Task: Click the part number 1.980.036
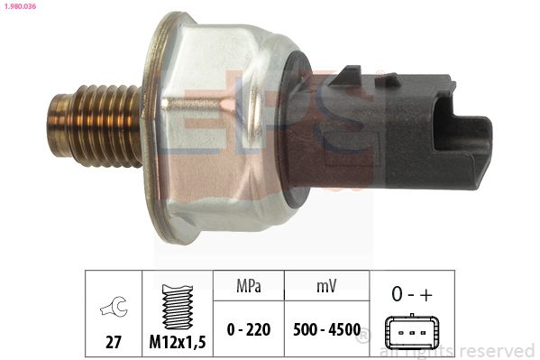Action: [x=21, y=5]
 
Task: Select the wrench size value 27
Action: [x=114, y=342]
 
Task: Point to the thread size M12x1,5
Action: [x=178, y=342]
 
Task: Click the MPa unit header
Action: [x=249, y=286]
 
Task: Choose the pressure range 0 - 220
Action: [x=249, y=329]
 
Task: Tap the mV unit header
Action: [x=326, y=286]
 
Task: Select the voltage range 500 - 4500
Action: [x=326, y=329]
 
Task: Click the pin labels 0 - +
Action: [x=412, y=294]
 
